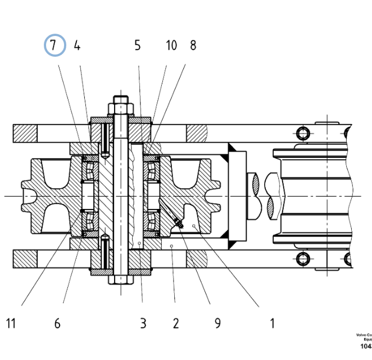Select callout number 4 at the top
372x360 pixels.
pos(77,46)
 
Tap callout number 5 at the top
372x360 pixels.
pos(137,46)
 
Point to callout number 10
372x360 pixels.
pos(171,46)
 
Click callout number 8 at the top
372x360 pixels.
pos(193,46)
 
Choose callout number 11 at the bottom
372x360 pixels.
pos(11,323)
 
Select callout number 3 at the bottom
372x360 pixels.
pos(143,323)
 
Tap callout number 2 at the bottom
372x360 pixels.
pos(175,323)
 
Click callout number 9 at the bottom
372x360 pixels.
pos(217,323)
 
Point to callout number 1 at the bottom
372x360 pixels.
pos(272,323)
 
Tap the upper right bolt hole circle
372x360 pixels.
pos(303,133)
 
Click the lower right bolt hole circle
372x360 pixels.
pos(303,258)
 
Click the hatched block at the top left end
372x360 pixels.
pos(25,133)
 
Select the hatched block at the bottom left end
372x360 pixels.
pos(25,258)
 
